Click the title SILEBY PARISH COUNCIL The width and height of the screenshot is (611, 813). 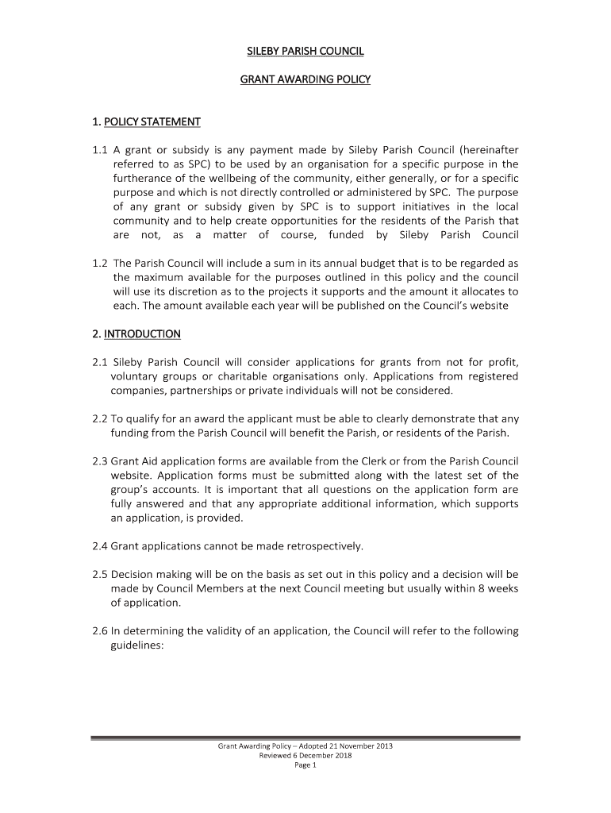point(305,52)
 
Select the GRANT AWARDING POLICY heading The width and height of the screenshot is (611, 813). point(305,79)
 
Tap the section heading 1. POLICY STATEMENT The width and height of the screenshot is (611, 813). point(146,121)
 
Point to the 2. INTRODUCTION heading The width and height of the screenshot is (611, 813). point(136,333)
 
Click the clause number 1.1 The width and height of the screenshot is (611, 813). point(99,149)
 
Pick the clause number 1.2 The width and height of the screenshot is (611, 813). point(99,263)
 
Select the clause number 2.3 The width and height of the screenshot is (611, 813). point(99,461)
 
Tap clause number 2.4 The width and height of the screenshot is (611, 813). point(99,546)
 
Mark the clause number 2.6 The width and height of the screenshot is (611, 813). point(99,631)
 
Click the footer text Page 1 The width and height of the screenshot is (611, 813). point(305,765)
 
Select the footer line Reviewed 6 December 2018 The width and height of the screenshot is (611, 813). point(305,756)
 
